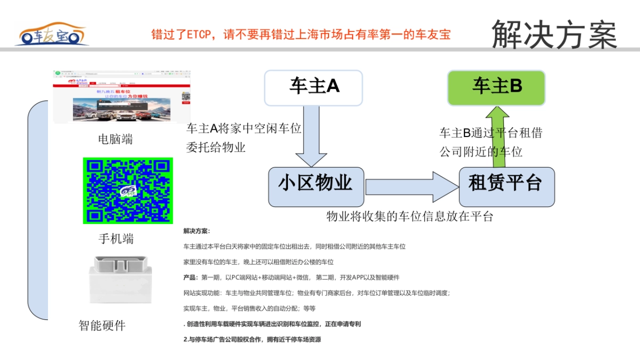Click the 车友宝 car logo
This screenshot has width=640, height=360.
click(x=52, y=35)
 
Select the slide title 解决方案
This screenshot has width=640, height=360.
click(x=554, y=34)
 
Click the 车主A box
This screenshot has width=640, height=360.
click(x=314, y=86)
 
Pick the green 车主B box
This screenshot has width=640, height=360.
click(x=496, y=87)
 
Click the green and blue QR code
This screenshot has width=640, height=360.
click(x=128, y=190)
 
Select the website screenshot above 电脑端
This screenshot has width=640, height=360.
click(x=122, y=97)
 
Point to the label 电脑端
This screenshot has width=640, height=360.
click(x=115, y=140)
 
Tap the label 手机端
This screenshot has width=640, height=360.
click(x=116, y=238)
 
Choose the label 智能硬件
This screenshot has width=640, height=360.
click(x=102, y=325)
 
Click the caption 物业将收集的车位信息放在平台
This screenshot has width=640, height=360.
click(x=410, y=217)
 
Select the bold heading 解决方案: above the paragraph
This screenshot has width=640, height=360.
click(x=197, y=231)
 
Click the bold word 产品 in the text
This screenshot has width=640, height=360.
click(x=190, y=277)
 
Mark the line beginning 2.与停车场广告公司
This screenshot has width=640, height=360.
click(x=252, y=339)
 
